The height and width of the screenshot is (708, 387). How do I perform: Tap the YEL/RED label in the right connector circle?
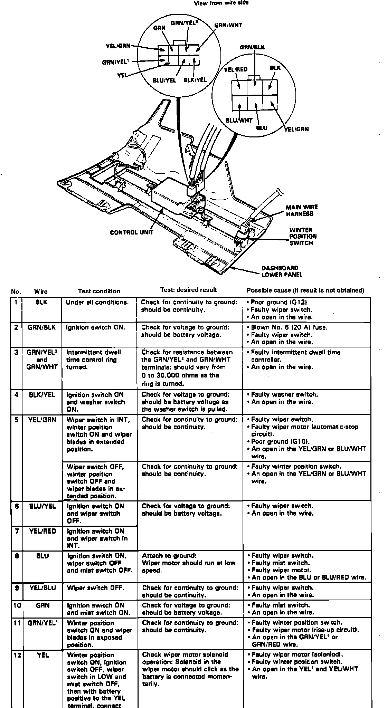tap(236, 69)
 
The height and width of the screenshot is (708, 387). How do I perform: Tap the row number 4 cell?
tap(16, 394)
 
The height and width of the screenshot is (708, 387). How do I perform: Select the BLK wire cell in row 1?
tap(41, 302)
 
